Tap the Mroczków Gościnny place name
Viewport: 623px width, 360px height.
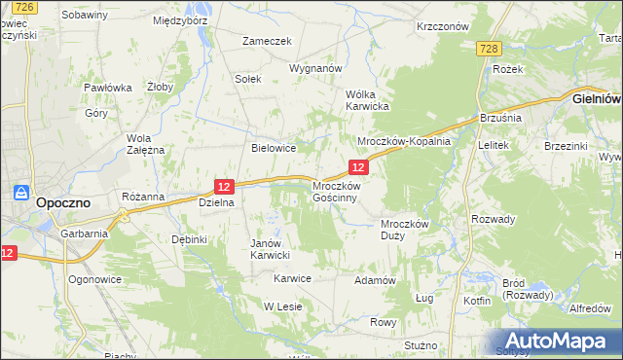coord(336,191)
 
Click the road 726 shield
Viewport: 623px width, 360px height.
coord(25,7)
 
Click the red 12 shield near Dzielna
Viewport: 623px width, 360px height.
coord(224,186)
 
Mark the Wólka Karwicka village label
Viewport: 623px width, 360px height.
coord(368,99)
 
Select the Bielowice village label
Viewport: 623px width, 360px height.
coord(274,149)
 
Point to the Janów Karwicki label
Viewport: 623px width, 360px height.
coord(271,249)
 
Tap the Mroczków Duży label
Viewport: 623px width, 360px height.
coord(404,229)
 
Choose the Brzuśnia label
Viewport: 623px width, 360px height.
coord(501,118)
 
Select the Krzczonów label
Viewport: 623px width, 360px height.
coord(442,27)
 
